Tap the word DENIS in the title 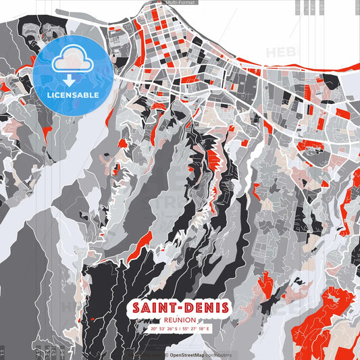tap(205, 308)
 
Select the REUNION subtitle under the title tap(180, 320)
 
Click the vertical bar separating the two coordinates tap(180, 329)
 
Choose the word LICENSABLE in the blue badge tap(73, 95)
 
